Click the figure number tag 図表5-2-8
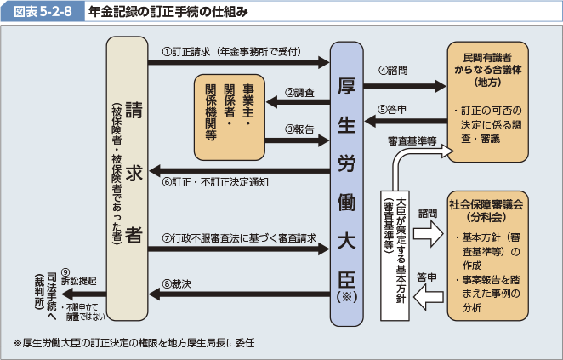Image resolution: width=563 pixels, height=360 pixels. coord(43,12)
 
